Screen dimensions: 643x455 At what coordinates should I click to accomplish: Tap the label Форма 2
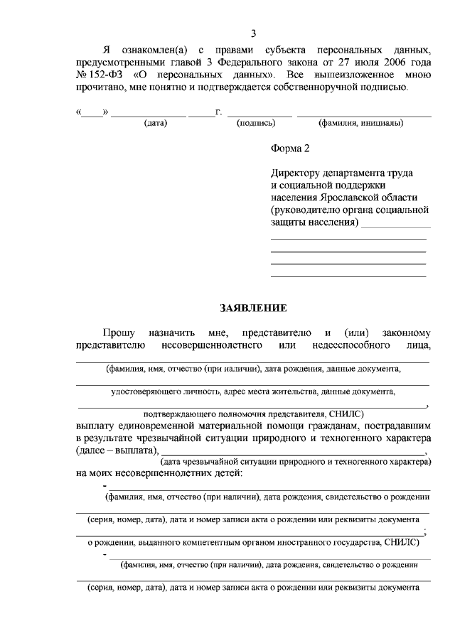click(x=291, y=148)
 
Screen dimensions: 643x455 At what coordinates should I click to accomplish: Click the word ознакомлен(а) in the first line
click(x=152, y=50)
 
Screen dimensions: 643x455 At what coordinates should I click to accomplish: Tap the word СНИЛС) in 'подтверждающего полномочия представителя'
click(x=347, y=413)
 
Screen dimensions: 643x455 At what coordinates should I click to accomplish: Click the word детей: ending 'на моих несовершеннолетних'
click(x=226, y=473)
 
